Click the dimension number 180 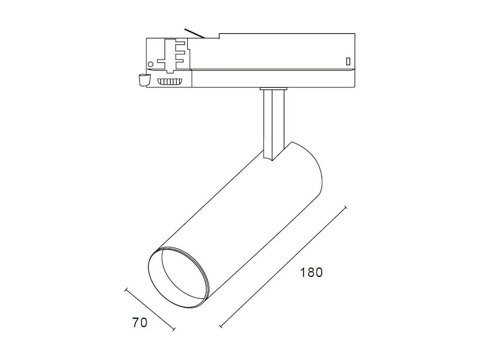pos(311,273)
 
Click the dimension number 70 pos(140,323)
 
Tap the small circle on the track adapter pos(151,64)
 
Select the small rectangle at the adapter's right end pos(348,61)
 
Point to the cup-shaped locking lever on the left pos(143,80)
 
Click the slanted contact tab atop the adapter pos(195,33)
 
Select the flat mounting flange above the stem pos(273,88)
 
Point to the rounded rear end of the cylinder pos(312,171)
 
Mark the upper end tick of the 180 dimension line pos(345,208)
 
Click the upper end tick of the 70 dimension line pos(126,290)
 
